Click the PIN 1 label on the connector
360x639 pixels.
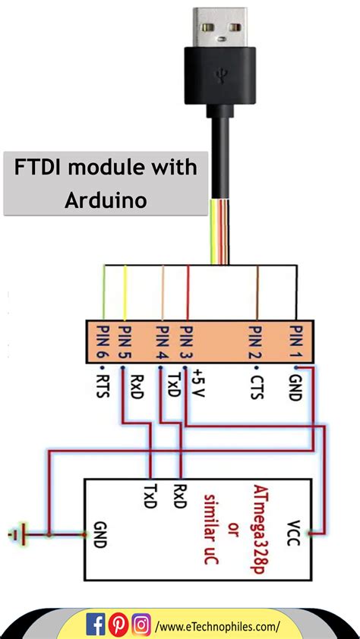296,342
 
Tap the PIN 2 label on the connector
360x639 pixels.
255,342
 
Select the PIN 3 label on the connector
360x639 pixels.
187,342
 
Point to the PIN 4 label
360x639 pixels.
161,342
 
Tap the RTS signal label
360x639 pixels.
101,384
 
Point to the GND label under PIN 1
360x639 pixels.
296,384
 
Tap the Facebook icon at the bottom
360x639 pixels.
96,625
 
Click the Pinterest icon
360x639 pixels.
118,625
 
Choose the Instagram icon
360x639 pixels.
141,625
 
